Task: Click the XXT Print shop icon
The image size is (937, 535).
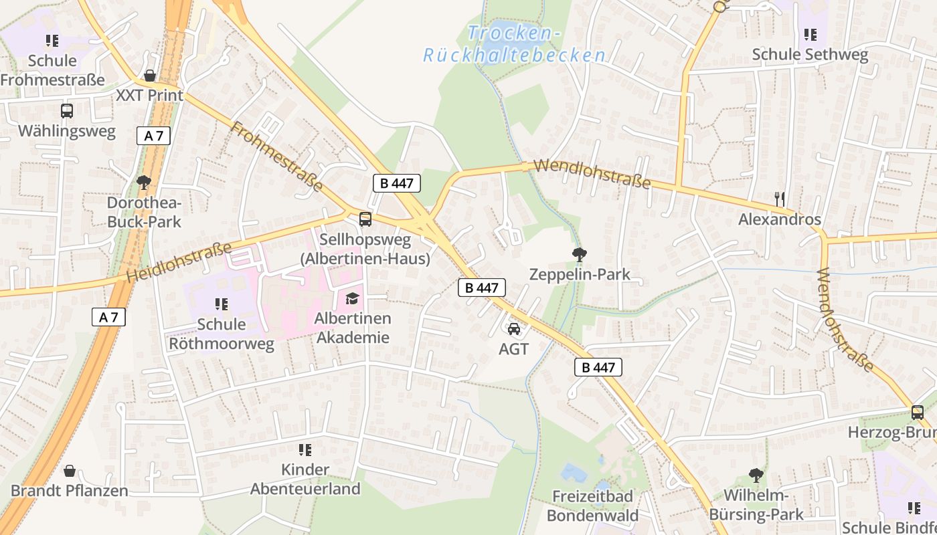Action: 150,76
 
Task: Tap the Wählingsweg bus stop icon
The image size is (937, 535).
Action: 67,111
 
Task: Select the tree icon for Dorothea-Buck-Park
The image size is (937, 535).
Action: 144,181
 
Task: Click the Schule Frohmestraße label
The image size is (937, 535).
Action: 52,70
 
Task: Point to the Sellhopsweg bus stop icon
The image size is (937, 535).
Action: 365,219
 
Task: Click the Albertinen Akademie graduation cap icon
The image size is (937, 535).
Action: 352,298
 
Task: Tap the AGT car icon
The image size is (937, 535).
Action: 514,328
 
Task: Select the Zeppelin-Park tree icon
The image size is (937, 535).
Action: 580,254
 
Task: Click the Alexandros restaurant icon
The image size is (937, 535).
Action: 779,199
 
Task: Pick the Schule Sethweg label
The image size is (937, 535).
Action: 810,55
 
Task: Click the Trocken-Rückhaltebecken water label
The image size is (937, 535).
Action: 514,44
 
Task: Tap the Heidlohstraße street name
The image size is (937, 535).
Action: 179,261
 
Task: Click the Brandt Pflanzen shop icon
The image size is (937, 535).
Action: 70,471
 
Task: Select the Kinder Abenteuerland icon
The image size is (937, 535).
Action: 305,450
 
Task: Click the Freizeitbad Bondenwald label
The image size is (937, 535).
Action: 592,506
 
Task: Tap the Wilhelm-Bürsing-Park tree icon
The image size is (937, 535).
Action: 756,475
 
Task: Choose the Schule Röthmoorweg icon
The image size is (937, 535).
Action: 222,304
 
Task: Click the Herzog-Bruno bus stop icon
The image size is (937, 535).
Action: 918,413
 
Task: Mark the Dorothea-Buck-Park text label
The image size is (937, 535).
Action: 144,212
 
